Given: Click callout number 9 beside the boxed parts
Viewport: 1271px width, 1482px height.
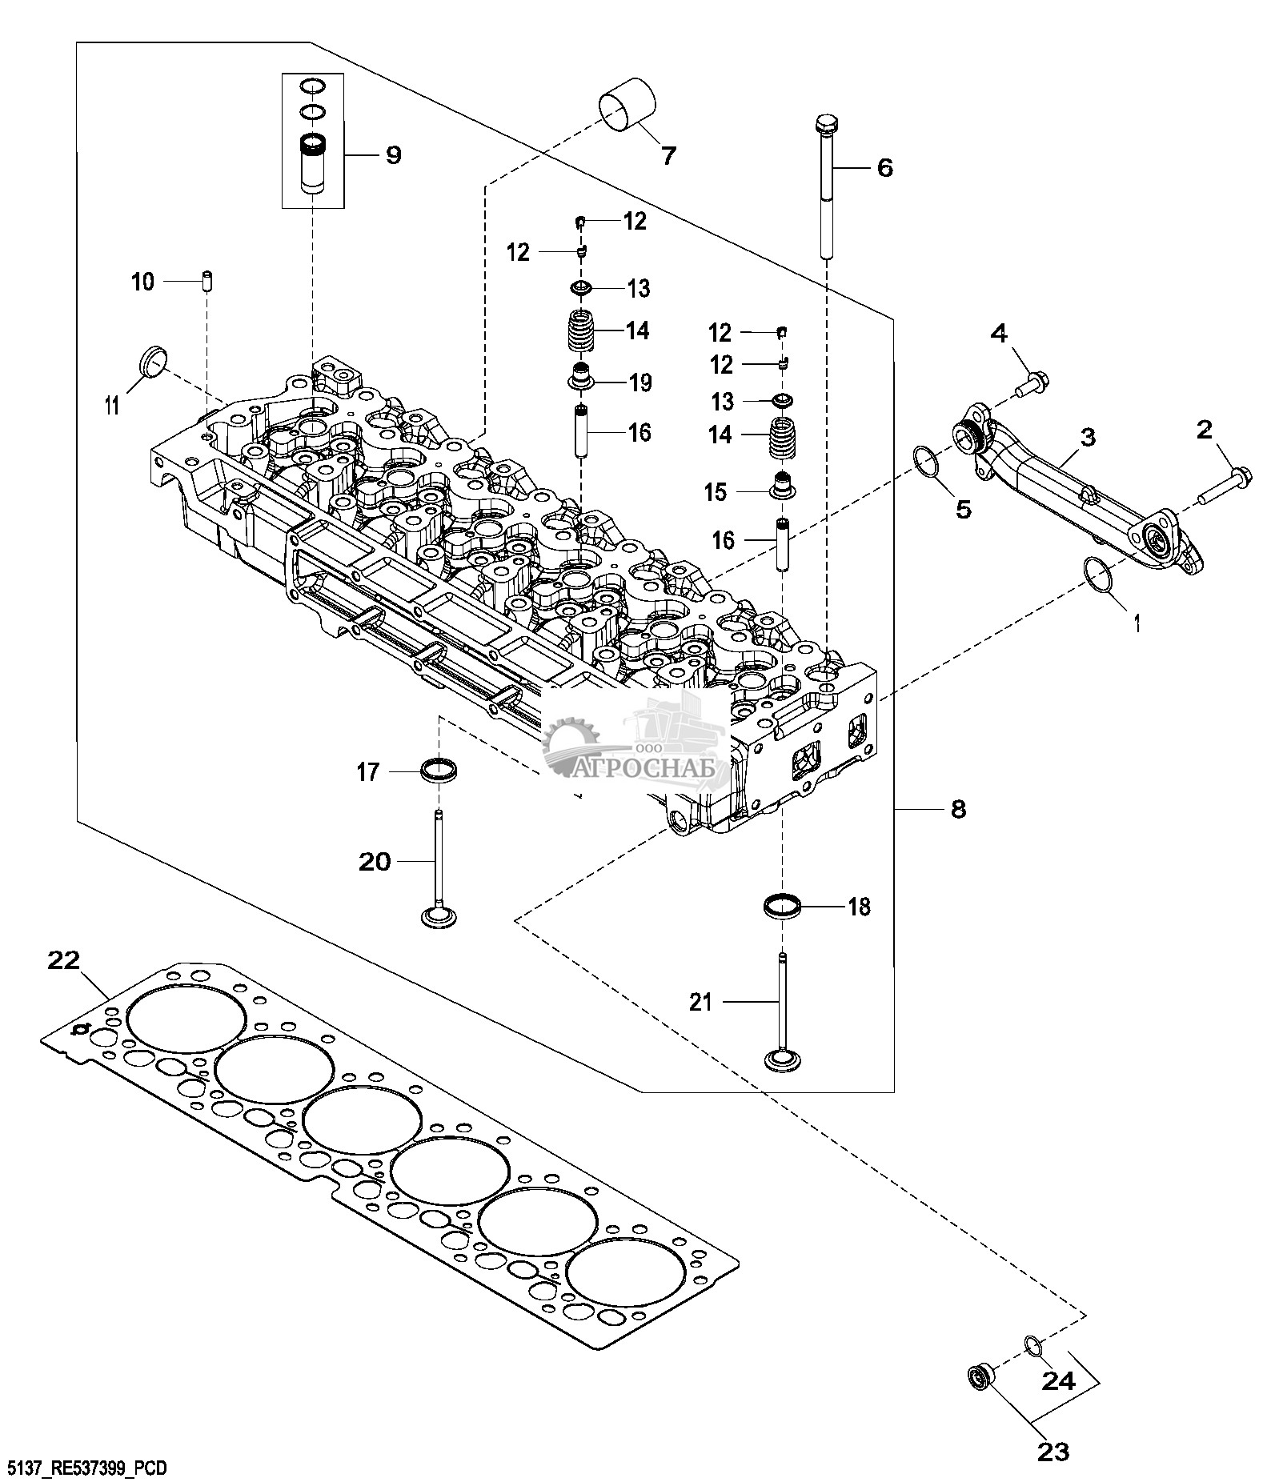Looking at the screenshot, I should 393,154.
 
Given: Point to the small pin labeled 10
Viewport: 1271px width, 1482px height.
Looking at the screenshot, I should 207,282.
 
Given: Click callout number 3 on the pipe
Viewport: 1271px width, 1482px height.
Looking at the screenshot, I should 1087,437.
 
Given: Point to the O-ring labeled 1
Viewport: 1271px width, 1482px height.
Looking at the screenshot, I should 1097,576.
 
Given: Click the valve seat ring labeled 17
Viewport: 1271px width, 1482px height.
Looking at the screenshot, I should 439,770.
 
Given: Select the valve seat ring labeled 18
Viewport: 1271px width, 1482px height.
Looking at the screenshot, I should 783,907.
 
